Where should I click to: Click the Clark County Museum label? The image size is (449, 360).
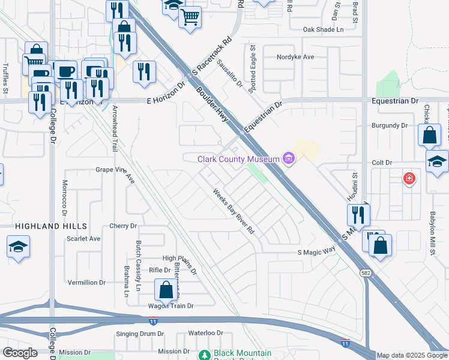click(x=239, y=159)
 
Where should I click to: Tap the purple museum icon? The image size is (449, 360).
click(x=289, y=159)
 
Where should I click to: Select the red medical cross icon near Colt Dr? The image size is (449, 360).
click(x=409, y=178)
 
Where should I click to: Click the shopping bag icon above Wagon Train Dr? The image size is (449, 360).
click(x=166, y=290)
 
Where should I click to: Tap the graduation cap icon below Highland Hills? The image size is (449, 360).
click(x=19, y=246)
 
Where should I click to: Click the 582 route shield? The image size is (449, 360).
click(x=365, y=272)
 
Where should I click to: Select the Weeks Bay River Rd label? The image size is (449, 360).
click(x=235, y=211)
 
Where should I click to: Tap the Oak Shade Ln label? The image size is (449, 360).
click(x=323, y=29)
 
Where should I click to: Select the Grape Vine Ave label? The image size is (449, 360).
click(x=116, y=170)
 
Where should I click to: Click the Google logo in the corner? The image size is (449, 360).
click(x=20, y=353)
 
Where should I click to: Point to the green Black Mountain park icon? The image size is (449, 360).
click(x=205, y=355)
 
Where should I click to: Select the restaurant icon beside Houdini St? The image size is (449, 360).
click(x=358, y=214)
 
